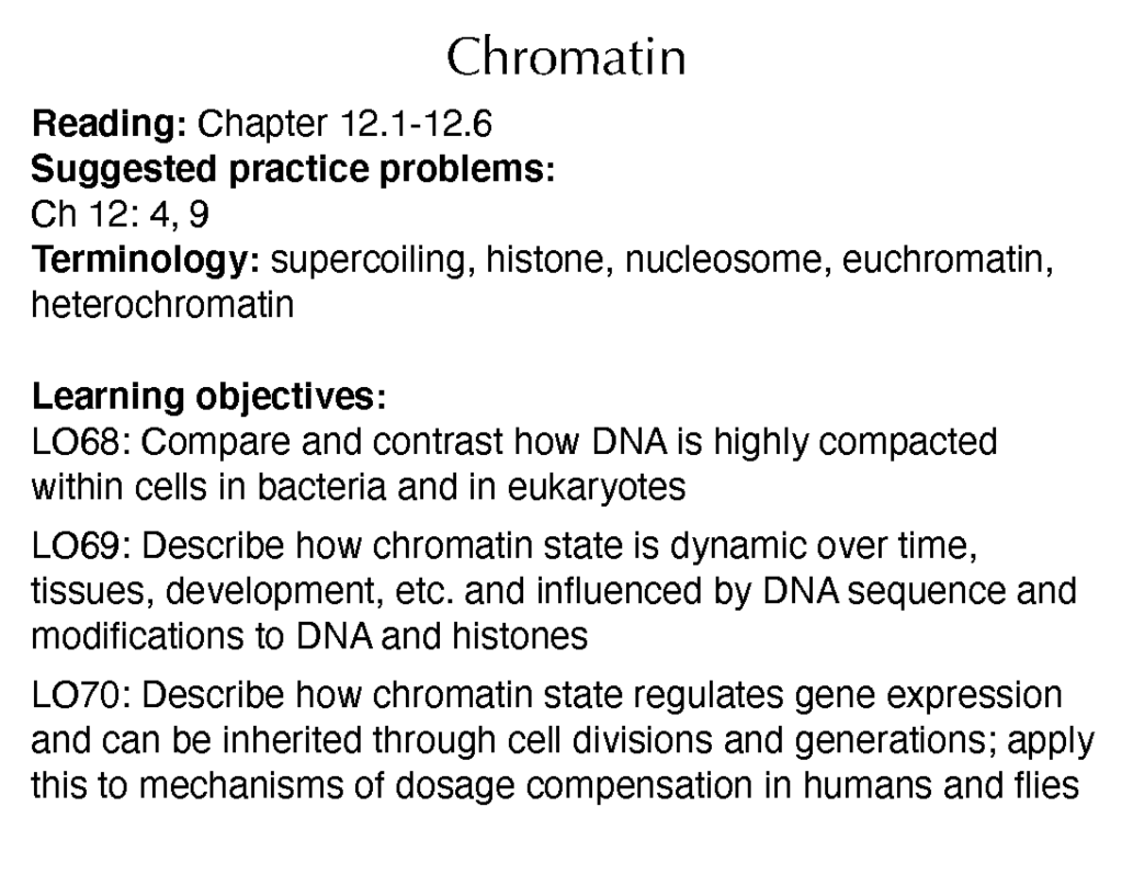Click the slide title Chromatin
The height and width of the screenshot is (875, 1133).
[566, 59]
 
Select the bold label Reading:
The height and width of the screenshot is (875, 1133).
[111, 124]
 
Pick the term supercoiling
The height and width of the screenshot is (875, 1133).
[372, 261]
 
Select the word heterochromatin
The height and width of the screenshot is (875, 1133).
[162, 306]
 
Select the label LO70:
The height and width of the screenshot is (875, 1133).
[81, 696]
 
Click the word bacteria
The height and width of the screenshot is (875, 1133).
[323, 488]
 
